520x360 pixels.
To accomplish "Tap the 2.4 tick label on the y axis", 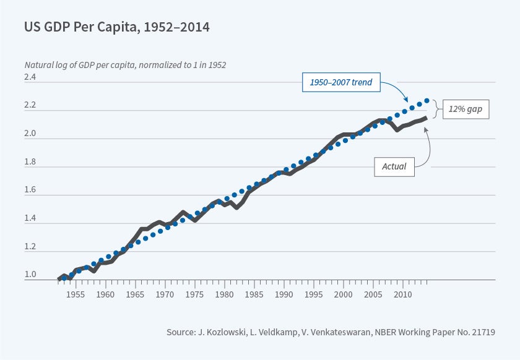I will tap(30, 77).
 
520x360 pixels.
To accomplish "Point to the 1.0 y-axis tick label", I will tap(30, 275).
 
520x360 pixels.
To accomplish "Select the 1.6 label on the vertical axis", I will tap(30, 190).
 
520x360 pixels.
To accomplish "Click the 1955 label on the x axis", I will tap(76, 295).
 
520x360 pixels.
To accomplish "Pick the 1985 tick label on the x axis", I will tap(254, 295).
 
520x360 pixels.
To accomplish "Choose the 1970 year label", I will tap(165, 295).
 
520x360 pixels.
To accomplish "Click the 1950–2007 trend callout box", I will tap(340, 82).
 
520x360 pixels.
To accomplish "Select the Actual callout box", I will tap(394, 166).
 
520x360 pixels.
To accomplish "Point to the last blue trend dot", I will tap(427, 100).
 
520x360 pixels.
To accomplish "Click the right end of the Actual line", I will tap(425, 118).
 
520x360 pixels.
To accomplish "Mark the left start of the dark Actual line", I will tap(59, 279).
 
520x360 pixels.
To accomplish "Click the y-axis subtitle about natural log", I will tap(129, 64).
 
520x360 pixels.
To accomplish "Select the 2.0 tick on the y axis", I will tap(30, 134).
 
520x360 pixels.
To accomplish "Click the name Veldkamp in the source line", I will tap(277, 332).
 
